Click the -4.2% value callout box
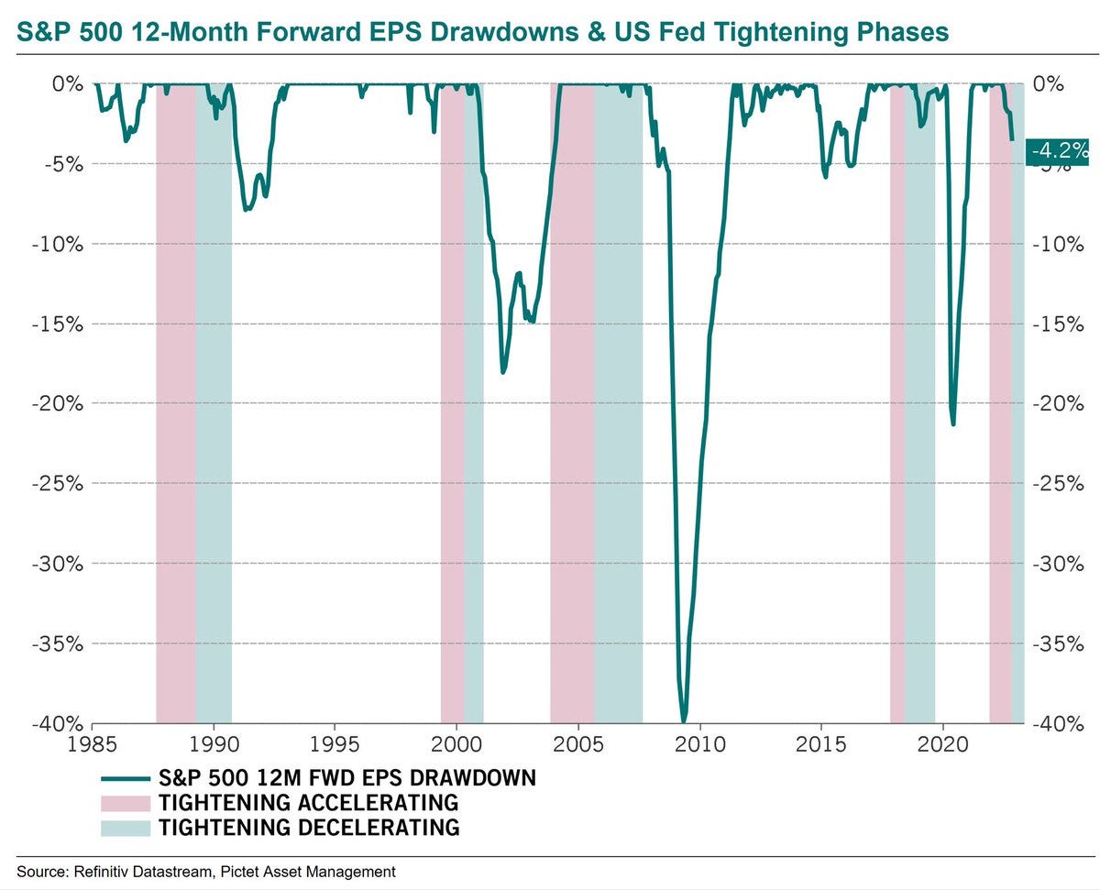tap(1060, 150)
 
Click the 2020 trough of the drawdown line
tap(953, 423)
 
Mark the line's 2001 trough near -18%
tap(503, 371)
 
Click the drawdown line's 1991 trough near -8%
tap(246, 210)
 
